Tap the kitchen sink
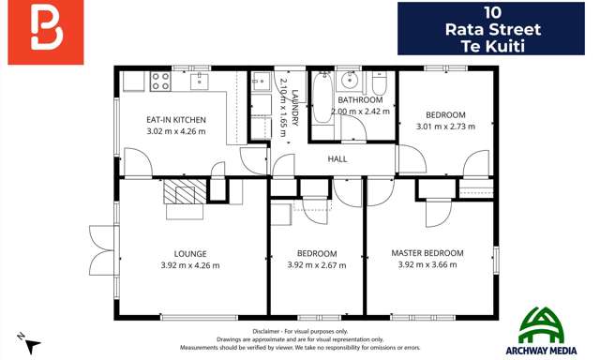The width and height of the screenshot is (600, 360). pos(200,81)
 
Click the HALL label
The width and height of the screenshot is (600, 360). pos(337,159)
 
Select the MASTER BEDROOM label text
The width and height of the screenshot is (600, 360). pos(427,253)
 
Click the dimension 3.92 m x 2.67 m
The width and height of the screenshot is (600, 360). pos(317,265)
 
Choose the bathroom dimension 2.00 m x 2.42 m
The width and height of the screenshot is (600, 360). pos(360,111)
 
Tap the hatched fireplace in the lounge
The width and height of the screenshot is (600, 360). pos(179,193)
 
